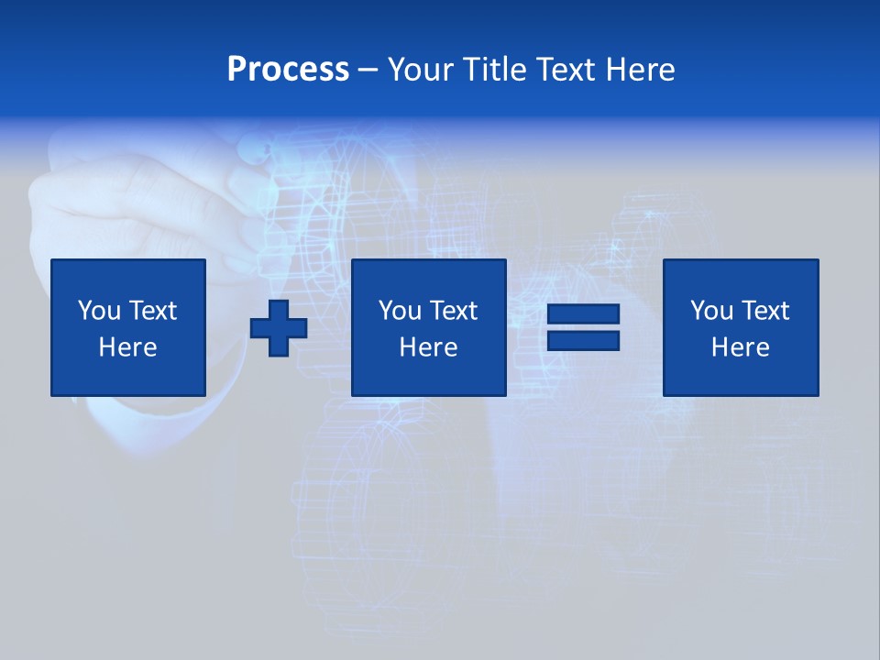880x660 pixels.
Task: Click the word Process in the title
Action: point(288,70)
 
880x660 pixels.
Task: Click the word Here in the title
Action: point(641,70)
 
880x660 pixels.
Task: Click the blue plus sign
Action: point(279,328)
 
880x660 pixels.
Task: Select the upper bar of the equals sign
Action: point(583,314)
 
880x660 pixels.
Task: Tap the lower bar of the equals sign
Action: point(583,340)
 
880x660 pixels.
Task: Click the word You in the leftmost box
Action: point(99,311)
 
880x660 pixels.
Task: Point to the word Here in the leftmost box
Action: point(128,347)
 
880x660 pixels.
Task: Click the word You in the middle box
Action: point(400,311)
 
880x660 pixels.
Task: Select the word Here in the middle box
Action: point(429,347)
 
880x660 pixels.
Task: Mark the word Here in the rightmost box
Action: point(741,347)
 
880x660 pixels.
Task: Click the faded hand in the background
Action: point(137,202)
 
